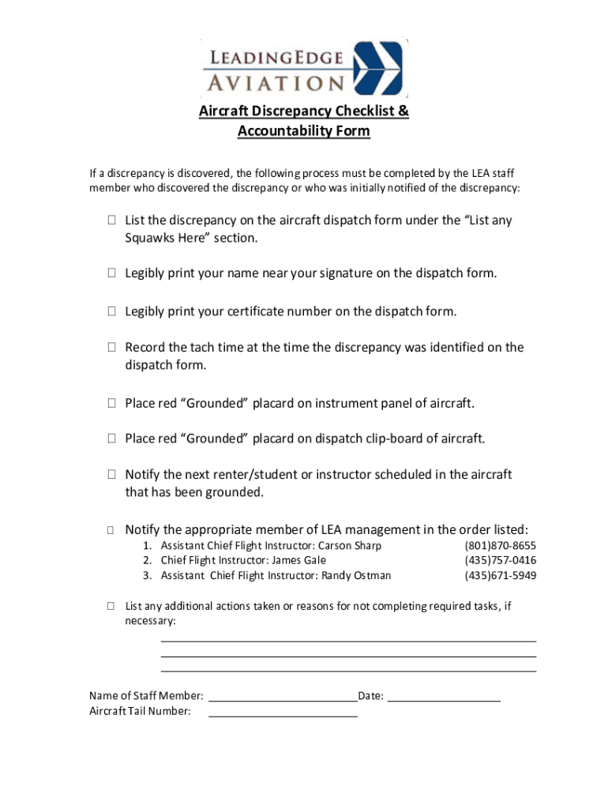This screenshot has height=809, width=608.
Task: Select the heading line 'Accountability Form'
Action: [x=303, y=131]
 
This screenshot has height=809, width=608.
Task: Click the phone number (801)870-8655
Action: [x=500, y=546]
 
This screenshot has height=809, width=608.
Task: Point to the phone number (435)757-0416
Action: [x=500, y=560]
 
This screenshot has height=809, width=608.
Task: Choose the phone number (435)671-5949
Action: [x=500, y=575]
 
